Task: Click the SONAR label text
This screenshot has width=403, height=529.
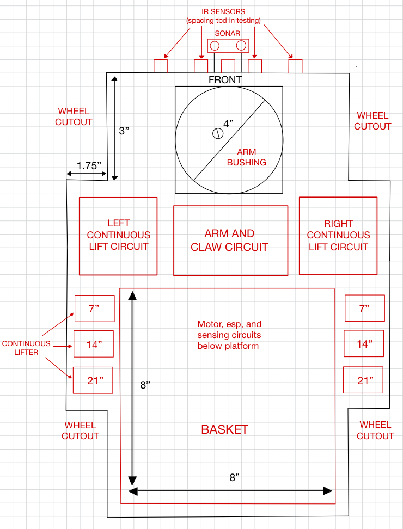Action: point(227,33)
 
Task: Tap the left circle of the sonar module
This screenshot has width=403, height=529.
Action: point(215,46)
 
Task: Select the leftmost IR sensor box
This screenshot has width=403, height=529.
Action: point(160,66)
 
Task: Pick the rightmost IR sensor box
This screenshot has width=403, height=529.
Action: point(295,66)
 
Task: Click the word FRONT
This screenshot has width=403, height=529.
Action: point(225,80)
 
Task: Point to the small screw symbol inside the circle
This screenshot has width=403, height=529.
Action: point(217,133)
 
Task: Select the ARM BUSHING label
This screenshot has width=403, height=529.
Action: point(246,157)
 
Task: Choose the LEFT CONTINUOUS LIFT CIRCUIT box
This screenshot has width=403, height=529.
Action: point(118,236)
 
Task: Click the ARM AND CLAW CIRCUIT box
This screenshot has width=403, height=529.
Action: point(230,241)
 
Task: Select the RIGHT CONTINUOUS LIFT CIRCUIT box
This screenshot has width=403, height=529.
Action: point(338,236)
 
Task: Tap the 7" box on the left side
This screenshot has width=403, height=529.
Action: point(94,309)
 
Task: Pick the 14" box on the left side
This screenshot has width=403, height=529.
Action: point(94,345)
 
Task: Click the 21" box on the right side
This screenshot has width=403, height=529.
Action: point(363,380)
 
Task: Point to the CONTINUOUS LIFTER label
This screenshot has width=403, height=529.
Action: point(26,348)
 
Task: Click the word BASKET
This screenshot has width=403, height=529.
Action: point(224,429)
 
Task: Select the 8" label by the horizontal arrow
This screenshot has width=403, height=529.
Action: point(234,477)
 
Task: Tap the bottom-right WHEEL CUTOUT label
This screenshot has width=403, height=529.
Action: point(375,430)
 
